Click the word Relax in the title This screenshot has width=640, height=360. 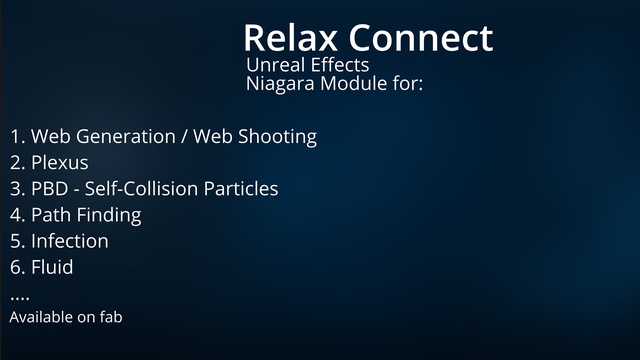click(x=291, y=38)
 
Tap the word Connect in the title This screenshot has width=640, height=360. click(x=421, y=38)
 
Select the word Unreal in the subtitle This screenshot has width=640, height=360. click(x=276, y=65)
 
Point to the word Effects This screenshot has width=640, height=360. click(x=340, y=65)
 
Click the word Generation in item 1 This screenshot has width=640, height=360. click(x=126, y=136)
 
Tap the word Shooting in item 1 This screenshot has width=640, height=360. click(x=278, y=137)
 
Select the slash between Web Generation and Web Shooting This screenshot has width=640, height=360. click(x=184, y=137)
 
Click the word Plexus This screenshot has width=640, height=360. click(x=60, y=163)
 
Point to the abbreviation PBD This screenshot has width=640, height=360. click(x=50, y=189)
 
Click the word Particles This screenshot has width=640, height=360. click(x=241, y=189)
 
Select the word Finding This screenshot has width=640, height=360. click(x=109, y=216)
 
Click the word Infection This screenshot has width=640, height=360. click(x=70, y=241)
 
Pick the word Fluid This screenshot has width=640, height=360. click(x=52, y=267)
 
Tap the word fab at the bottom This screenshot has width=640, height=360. click(x=111, y=317)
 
